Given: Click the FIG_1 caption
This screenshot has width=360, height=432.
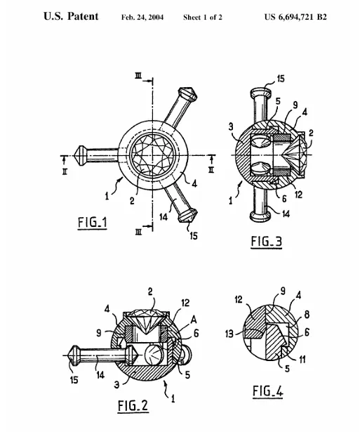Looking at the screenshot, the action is (x=93, y=223).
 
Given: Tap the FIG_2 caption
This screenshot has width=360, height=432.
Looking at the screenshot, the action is (x=133, y=405).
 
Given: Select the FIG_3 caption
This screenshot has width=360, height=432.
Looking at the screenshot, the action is (x=267, y=242).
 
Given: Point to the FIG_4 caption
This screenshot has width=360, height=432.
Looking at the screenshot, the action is (x=268, y=391).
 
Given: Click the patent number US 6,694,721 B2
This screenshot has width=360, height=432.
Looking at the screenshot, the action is (x=295, y=17).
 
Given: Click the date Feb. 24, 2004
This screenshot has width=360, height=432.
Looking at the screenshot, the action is (x=142, y=18).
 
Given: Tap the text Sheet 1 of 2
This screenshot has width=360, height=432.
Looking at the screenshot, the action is (x=203, y=18).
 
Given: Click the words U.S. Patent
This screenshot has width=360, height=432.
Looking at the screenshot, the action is (x=71, y=16).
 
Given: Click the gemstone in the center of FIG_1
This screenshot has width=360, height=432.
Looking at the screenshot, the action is (x=153, y=155).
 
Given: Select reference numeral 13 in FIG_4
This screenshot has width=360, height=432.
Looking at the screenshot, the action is (x=229, y=334).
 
